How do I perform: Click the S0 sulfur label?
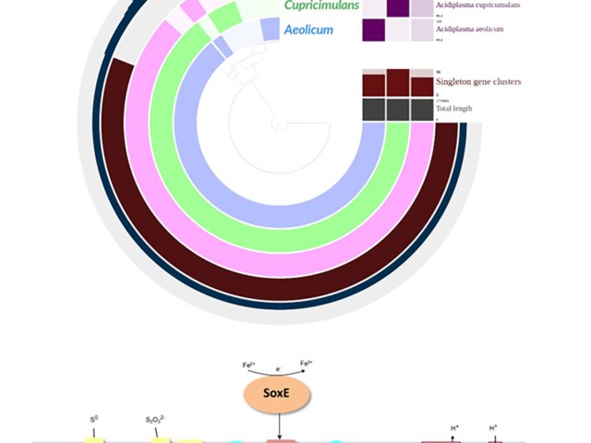(93, 419)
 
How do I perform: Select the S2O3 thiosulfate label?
(155, 419)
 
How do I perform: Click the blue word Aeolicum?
(310, 30)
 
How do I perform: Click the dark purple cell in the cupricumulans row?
(398, 7)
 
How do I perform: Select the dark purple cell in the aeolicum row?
(375, 30)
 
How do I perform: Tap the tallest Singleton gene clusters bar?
(398, 83)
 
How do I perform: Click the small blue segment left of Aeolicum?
(270, 30)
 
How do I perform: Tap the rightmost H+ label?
(493, 427)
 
